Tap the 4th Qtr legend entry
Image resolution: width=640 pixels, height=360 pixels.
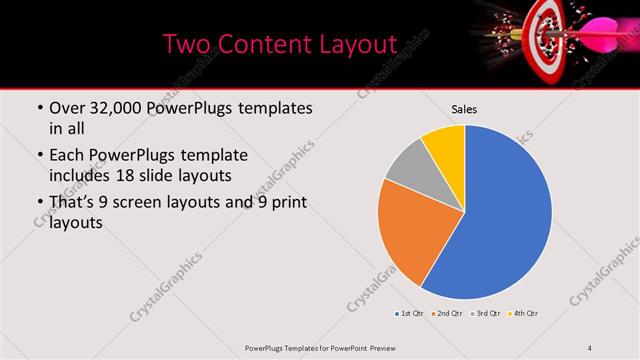point(524,314)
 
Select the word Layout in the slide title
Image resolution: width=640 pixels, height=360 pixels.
point(350,44)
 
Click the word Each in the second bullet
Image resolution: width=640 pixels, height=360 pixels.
point(67,157)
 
